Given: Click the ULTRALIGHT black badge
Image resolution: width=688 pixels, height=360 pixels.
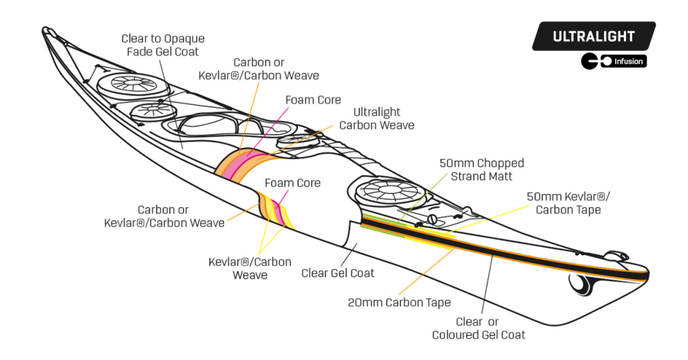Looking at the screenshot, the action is [594, 36].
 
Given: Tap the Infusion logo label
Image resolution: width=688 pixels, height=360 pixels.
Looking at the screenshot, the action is [614, 61].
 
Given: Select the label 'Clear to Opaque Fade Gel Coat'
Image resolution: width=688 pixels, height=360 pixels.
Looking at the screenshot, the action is [163, 45].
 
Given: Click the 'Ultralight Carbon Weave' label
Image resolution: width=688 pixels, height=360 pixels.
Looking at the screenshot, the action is [376, 118].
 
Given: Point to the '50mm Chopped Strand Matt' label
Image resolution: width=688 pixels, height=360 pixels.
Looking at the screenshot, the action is [482, 169].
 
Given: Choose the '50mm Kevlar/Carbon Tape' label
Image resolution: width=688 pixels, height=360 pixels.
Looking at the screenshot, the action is [568, 203].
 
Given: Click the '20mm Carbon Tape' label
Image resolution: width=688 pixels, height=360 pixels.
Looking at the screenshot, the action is [399, 302].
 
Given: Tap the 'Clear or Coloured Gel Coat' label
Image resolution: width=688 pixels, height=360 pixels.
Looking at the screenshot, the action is [478, 328].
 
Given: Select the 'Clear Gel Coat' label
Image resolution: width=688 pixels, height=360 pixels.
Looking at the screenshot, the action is [337, 273].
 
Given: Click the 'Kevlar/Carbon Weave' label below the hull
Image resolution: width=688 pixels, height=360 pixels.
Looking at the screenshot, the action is [250, 268].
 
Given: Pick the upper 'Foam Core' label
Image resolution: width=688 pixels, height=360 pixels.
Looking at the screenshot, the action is [313, 100].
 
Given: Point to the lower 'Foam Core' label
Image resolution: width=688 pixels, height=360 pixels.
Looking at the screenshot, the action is [292, 182].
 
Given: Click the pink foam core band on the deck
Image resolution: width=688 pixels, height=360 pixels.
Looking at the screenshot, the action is [240, 165].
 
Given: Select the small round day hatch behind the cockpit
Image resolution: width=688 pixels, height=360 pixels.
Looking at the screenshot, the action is [295, 140].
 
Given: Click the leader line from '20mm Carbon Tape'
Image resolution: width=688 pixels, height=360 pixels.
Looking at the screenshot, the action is [426, 271].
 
